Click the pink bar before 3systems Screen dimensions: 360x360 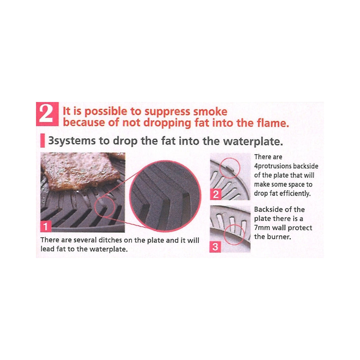coord(42,141)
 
